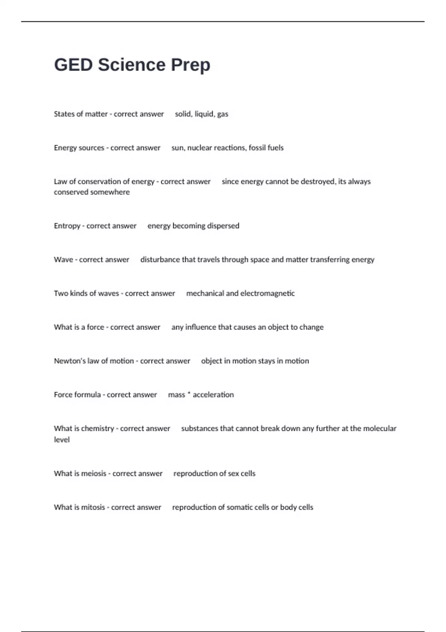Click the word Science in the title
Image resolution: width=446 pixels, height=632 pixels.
click(x=132, y=65)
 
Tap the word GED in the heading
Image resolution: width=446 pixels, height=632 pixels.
click(x=73, y=65)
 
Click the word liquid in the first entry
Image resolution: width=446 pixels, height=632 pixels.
click(x=204, y=114)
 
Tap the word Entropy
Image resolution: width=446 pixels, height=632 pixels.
click(x=67, y=226)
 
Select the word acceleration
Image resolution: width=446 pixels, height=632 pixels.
click(x=213, y=395)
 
